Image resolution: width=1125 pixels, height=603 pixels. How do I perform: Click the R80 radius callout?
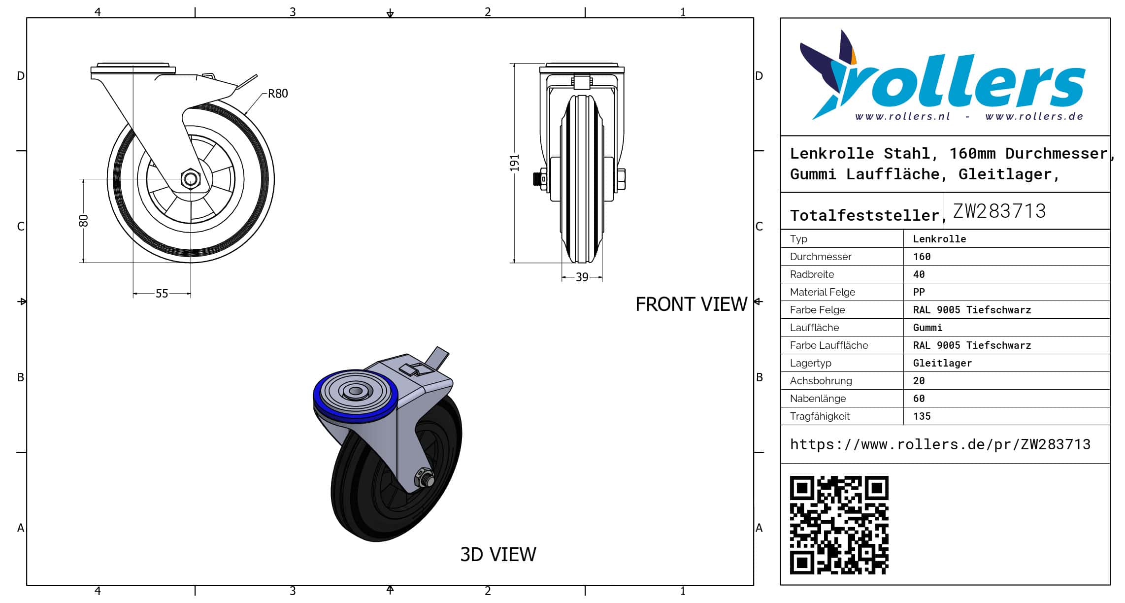[278, 94]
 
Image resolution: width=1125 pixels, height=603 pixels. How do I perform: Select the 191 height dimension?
[515, 163]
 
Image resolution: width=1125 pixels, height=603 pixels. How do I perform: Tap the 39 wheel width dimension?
[582, 277]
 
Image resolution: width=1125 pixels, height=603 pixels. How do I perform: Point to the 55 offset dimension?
[162, 294]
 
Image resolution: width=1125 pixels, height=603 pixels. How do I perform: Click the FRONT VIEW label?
[692, 304]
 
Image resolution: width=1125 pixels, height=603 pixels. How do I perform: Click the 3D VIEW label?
[498, 555]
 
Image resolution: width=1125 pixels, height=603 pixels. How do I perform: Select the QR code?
[839, 525]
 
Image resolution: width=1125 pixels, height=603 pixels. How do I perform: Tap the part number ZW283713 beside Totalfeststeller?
[999, 211]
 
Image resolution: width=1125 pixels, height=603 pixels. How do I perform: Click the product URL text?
[940, 444]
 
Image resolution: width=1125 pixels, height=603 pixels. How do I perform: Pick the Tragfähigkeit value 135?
[922, 416]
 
